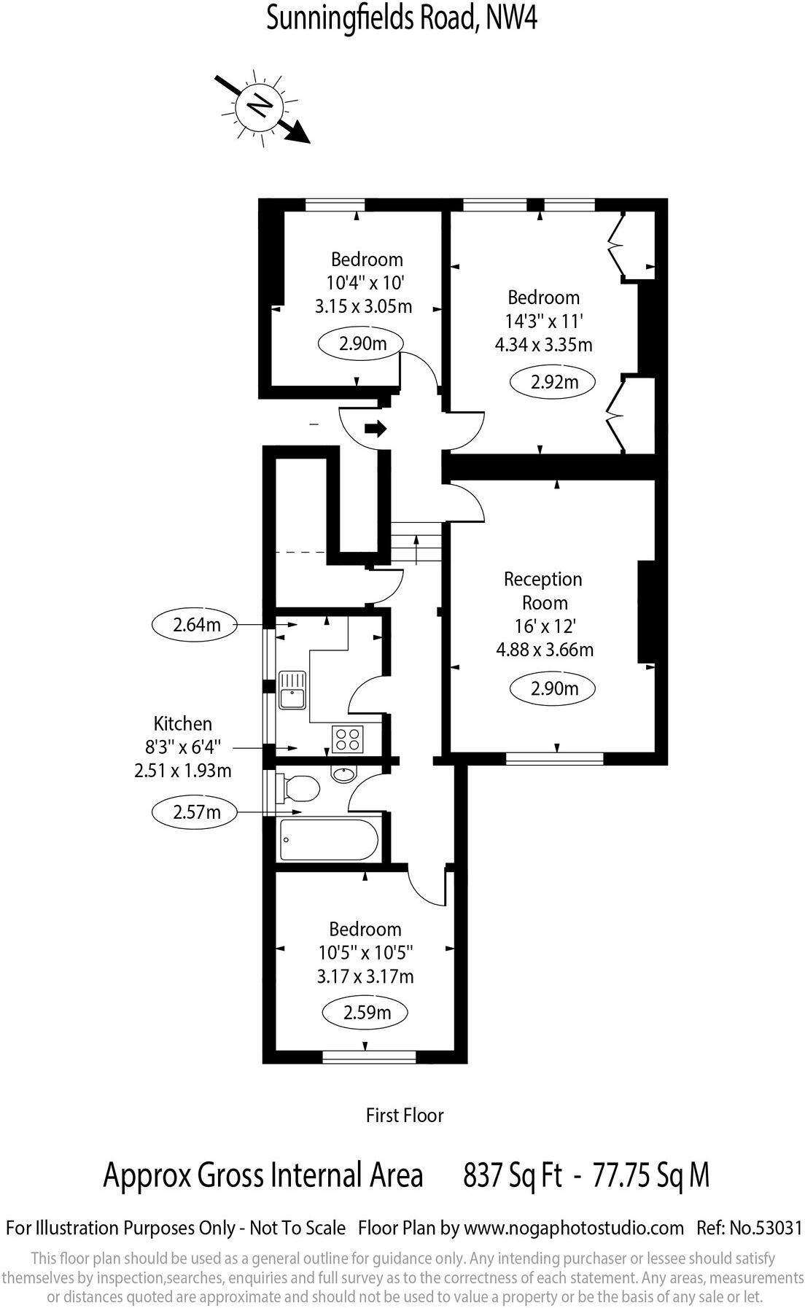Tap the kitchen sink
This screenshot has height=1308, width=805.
pyautogui.click(x=293, y=689)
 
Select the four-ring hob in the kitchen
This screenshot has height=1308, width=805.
pyautogui.click(x=347, y=739)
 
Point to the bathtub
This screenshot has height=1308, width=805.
pyautogui.click(x=329, y=840)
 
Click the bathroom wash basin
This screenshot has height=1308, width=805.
pyautogui.click(x=343, y=774)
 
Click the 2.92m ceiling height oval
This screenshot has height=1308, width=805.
pyautogui.click(x=553, y=381)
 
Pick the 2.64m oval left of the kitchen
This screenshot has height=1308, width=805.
pyautogui.click(x=196, y=625)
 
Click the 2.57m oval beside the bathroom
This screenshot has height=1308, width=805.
pyautogui.click(x=196, y=811)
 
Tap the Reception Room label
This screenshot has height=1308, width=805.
pyautogui.click(x=543, y=591)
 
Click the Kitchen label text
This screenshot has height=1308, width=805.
pyautogui.click(x=182, y=723)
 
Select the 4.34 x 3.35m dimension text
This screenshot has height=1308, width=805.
pyautogui.click(x=543, y=344)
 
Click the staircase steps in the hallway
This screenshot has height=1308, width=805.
pyautogui.click(x=416, y=543)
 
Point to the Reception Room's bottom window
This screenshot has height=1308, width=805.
pyautogui.click(x=554, y=759)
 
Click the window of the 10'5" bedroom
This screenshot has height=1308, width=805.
pyautogui.click(x=368, y=1057)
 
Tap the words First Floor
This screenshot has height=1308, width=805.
pyautogui.click(x=404, y=1115)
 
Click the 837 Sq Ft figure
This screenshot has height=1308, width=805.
pyautogui.click(x=513, y=1175)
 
